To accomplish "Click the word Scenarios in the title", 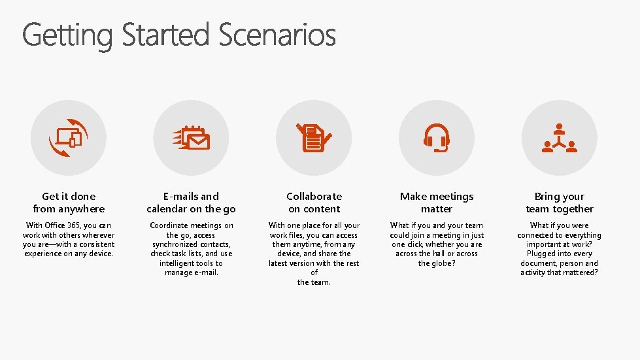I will tap(277, 35).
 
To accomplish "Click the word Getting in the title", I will tap(67, 35).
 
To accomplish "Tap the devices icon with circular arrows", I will tap(69, 138).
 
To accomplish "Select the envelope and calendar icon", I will tap(192, 138).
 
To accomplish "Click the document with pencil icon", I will tap(314, 138).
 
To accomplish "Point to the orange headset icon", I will tap(436, 138).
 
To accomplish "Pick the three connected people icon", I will tap(559, 138).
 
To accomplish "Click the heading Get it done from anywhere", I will tap(69, 203).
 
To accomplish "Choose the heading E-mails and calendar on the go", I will tap(192, 203).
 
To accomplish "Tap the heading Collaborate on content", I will tap(314, 203).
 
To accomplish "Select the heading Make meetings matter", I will tap(436, 203).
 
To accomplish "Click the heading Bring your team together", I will tap(559, 203).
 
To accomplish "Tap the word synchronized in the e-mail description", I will tap(177, 244).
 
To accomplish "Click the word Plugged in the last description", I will tap(541, 254).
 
